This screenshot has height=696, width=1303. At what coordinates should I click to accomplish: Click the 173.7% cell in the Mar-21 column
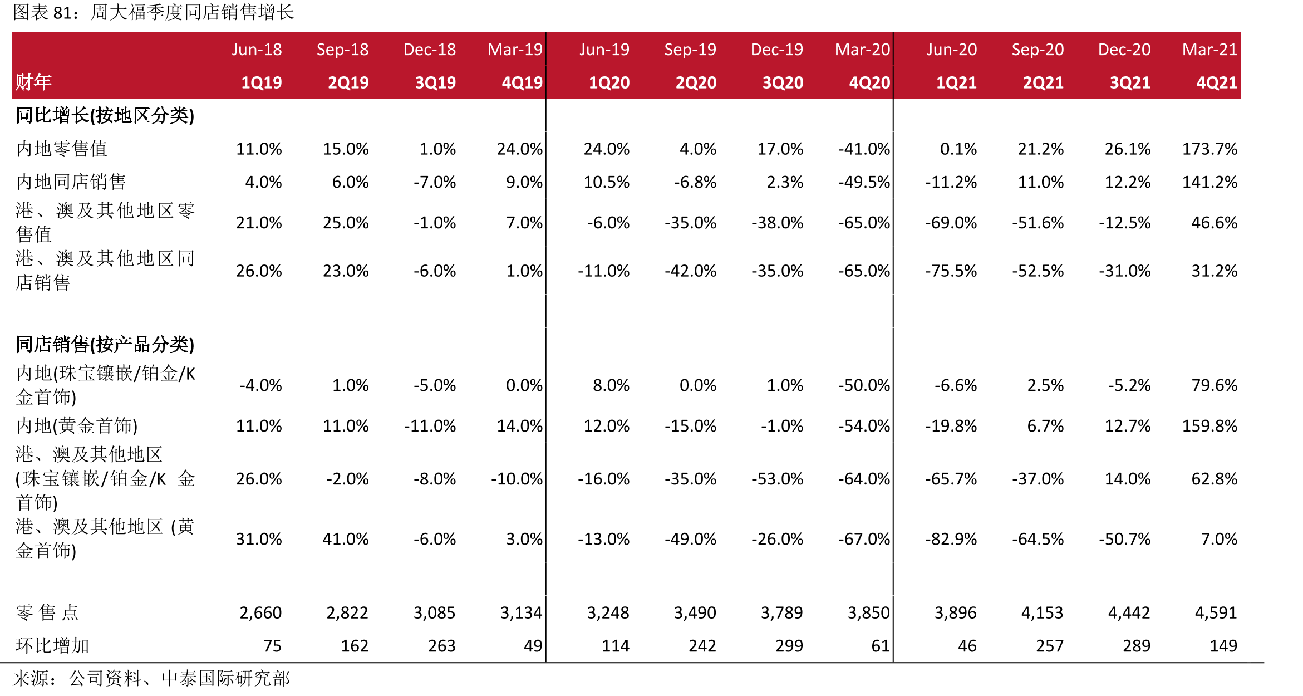[x=1209, y=149]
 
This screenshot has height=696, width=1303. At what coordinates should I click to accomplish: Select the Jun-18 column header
[x=257, y=50]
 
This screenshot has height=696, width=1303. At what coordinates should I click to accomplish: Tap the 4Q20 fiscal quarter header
[x=869, y=83]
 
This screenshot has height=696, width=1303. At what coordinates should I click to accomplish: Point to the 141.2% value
[x=1209, y=182]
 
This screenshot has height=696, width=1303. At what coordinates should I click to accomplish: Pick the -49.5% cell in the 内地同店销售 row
[x=864, y=182]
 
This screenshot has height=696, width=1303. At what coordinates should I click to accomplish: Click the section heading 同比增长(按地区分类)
[x=105, y=116]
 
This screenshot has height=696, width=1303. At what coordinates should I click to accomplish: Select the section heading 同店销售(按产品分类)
[x=105, y=345]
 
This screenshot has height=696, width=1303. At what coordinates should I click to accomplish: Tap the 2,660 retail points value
[x=260, y=613]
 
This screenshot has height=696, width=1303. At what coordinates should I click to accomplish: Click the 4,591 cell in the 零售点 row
[x=1216, y=613]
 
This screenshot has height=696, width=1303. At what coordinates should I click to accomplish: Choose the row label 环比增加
[x=52, y=646]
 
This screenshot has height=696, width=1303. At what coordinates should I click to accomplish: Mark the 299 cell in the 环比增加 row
[x=789, y=646]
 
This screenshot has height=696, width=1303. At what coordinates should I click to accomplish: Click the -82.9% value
[x=951, y=539]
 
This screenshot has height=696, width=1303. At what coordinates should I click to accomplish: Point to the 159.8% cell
[x=1209, y=426]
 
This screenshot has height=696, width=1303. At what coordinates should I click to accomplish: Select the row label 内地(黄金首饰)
[x=77, y=426]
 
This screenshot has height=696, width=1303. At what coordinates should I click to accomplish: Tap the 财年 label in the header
[x=33, y=82]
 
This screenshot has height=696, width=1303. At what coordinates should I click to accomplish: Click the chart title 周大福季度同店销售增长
[x=193, y=12]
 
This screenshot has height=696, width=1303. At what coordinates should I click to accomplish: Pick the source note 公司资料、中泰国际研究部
[x=179, y=678]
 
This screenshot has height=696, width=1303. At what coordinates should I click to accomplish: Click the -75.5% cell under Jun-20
[x=951, y=271]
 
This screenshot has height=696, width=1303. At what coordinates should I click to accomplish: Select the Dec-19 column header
[x=777, y=50]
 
